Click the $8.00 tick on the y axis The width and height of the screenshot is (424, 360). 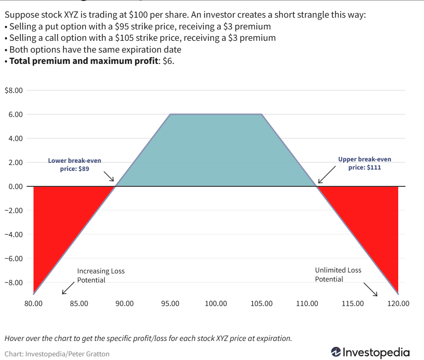[x=14, y=90]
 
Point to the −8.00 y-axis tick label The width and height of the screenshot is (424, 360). [x=14, y=282]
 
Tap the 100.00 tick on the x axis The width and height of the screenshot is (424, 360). [x=216, y=303]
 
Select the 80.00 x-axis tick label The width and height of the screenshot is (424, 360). [x=33, y=303]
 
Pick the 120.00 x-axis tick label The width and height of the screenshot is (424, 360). [x=398, y=303]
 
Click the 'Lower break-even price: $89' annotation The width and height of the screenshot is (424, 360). [x=75, y=164]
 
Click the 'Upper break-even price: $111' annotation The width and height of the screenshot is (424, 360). [x=365, y=163]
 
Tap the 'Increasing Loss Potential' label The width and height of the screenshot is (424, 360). [x=101, y=275]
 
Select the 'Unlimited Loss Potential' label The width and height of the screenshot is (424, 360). [x=338, y=274]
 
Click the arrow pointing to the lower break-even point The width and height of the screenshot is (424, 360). [x=109, y=176]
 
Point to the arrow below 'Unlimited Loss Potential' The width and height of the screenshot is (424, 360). [x=371, y=289]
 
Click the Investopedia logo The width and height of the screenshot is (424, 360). [x=370, y=352]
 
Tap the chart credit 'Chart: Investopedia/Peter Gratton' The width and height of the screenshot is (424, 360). [x=57, y=354]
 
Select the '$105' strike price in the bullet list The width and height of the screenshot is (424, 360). [x=125, y=38]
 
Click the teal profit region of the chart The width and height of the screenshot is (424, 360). [x=216, y=150]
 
